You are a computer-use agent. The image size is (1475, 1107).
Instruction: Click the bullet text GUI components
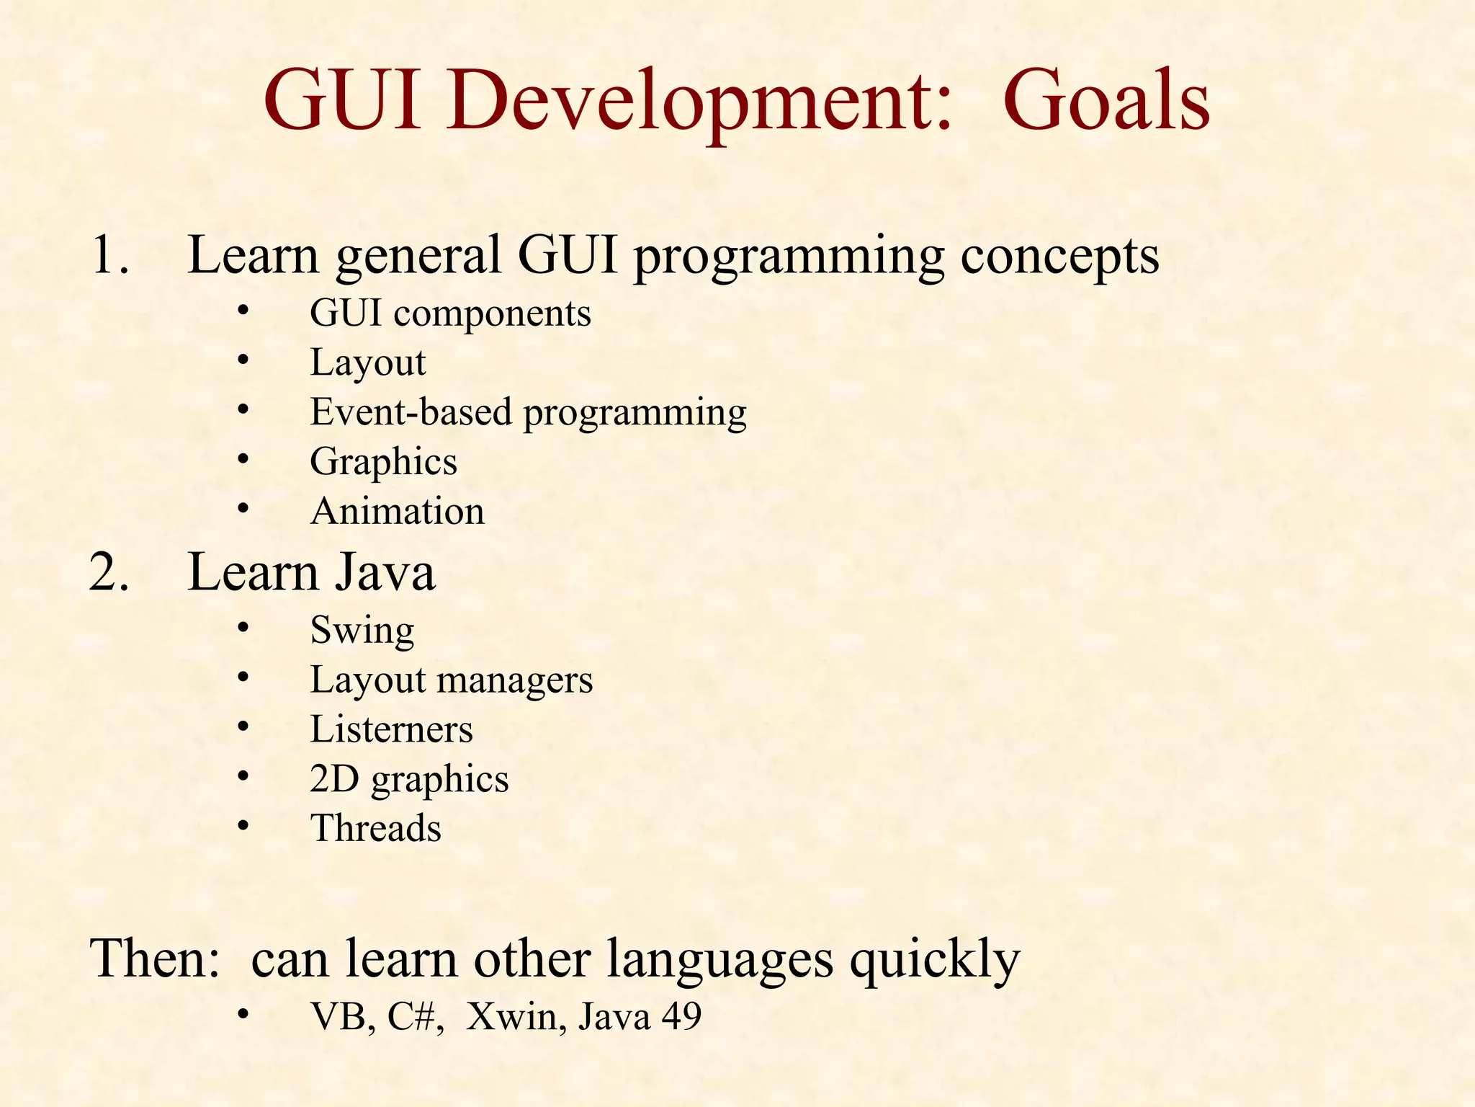(450, 314)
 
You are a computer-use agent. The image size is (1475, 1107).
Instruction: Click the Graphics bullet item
(383, 462)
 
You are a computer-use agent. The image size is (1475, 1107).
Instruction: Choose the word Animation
(397, 512)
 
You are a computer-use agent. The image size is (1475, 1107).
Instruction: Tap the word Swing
(362, 631)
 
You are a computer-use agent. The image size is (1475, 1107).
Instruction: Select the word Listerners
(391, 729)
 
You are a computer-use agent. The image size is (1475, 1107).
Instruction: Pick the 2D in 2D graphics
(334, 779)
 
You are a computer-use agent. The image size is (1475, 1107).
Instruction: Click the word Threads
(375, 828)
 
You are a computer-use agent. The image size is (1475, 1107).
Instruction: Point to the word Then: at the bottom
(155, 959)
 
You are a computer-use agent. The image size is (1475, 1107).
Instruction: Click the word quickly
(934, 959)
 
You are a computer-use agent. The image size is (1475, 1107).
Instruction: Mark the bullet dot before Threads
(243, 826)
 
